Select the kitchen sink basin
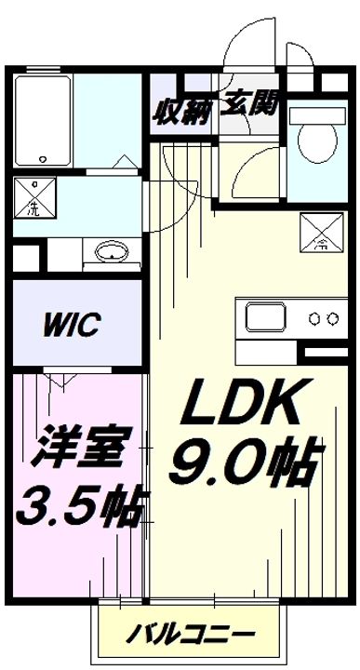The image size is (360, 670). pyautogui.click(x=269, y=318)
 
